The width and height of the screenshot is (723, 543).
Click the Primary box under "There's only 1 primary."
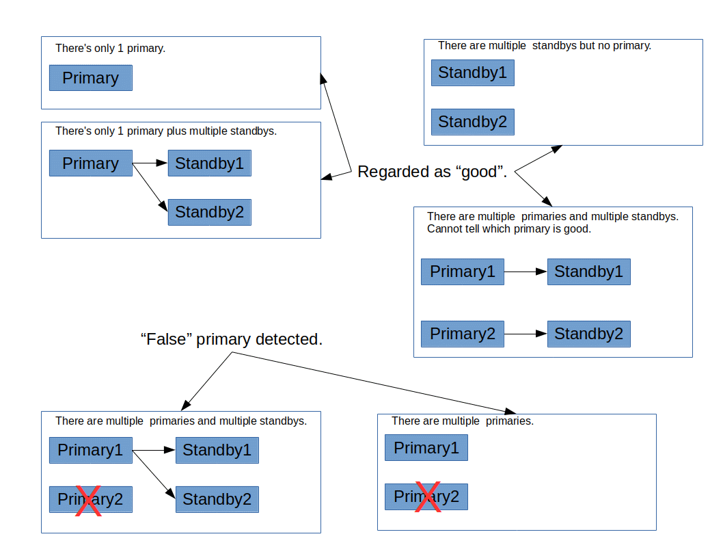[x=90, y=78]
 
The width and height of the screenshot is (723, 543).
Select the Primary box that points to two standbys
[x=90, y=163]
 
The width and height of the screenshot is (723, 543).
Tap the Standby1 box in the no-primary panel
[x=472, y=72]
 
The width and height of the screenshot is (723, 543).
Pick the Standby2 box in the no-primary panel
[x=472, y=122]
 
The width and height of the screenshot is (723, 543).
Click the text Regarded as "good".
[x=432, y=172]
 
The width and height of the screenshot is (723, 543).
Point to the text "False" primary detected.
[x=231, y=339]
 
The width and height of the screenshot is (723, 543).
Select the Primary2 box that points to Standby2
[x=462, y=334]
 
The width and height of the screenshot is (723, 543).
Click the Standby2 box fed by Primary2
[x=588, y=334]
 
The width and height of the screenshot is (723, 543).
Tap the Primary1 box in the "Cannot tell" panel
[x=462, y=271]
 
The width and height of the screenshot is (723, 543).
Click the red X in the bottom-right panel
[x=428, y=497]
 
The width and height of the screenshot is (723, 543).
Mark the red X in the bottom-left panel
[x=89, y=500]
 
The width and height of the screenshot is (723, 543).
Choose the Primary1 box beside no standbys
[x=426, y=448]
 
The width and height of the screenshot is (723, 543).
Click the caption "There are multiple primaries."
[x=462, y=421]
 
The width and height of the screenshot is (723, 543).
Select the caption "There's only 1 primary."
[x=110, y=49]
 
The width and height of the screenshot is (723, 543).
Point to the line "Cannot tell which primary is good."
[x=508, y=229]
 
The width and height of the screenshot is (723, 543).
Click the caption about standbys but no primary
[x=544, y=46]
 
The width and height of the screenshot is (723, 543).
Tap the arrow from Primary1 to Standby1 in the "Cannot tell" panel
[x=526, y=271]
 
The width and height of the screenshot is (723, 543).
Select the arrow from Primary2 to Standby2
[x=526, y=334]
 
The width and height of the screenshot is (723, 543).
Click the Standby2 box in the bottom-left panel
[x=217, y=499]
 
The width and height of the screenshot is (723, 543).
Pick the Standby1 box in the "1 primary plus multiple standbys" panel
[x=209, y=163]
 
